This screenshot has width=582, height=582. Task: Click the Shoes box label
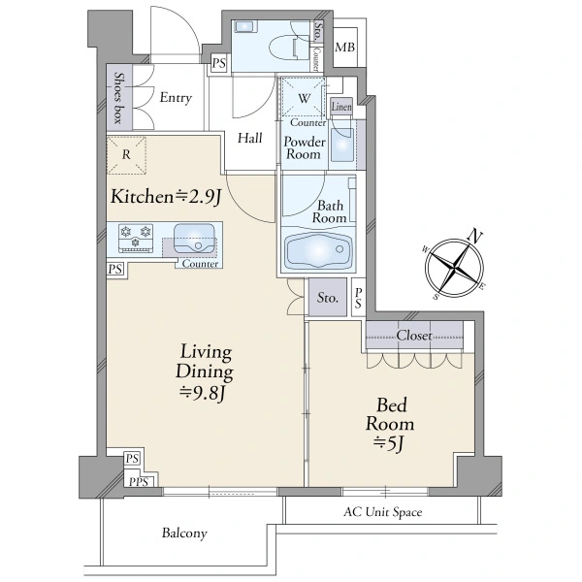[118, 98]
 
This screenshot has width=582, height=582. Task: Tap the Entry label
[176, 98]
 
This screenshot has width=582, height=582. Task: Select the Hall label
[250, 138]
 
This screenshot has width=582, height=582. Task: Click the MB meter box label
[344, 48]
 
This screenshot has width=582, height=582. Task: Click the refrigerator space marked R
[126, 155]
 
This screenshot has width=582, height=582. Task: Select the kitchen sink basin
[195, 239]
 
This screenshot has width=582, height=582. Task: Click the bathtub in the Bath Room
[318, 250]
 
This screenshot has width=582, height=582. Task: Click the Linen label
[341, 107]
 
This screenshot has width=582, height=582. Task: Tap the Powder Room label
[305, 147]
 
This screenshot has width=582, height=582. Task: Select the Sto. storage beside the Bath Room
[328, 298]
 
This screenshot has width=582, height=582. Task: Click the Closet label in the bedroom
[414, 336]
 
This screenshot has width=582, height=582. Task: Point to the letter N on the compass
[475, 236]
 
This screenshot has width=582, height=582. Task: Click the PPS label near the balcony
[139, 482]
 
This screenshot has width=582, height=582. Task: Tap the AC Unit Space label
[383, 512]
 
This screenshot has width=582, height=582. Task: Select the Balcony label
[184, 533]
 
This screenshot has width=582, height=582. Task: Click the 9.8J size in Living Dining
[202, 394]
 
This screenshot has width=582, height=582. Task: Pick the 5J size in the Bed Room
[389, 443]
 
